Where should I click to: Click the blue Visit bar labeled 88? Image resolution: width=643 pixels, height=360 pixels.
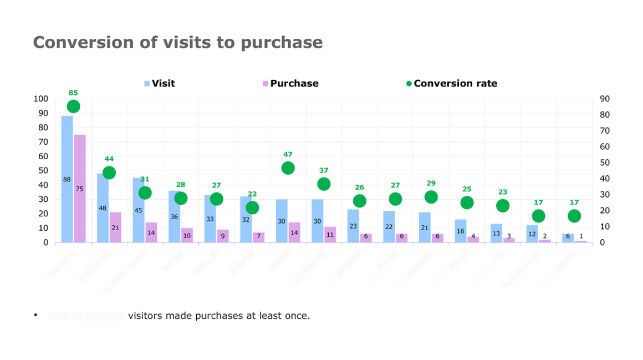click(x=67, y=179)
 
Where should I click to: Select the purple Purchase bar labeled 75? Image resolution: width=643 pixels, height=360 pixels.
click(x=80, y=188)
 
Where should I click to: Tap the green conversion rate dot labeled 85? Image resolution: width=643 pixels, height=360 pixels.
click(x=73, y=106)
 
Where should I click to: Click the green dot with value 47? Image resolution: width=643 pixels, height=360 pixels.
click(x=288, y=168)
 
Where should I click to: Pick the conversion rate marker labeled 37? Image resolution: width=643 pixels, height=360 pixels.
click(x=324, y=184)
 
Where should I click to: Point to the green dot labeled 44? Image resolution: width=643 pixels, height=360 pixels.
click(x=109, y=173)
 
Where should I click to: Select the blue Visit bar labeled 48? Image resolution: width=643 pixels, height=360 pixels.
click(x=103, y=208)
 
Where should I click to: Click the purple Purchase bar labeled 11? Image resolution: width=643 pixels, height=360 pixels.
click(x=330, y=235)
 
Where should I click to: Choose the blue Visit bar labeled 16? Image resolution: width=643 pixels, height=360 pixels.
click(x=461, y=231)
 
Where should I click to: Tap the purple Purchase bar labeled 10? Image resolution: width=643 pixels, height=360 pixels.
click(x=187, y=235)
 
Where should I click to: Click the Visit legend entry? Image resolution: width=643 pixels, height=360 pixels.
click(x=163, y=84)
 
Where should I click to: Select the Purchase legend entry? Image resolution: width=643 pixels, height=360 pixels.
click(x=294, y=84)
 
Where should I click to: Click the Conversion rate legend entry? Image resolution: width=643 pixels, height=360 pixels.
click(x=455, y=84)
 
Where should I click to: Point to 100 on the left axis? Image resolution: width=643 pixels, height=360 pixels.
click(x=41, y=99)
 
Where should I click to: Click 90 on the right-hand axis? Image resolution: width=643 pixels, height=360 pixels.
click(x=604, y=99)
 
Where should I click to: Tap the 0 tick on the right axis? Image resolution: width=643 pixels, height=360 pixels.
click(x=602, y=242)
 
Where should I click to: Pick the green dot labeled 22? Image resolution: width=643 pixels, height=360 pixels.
click(x=252, y=207)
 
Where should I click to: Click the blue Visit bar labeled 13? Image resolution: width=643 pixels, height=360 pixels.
click(x=496, y=233)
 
